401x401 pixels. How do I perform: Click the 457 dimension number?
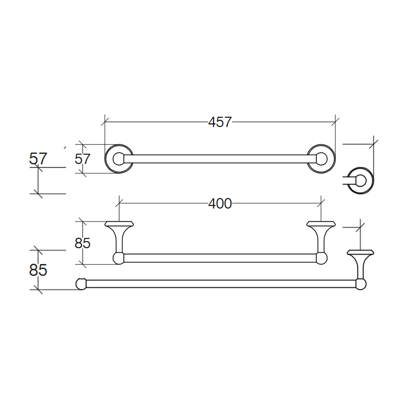point(220,122)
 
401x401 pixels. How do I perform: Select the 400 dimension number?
point(220,204)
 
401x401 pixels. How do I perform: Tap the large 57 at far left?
point(38,158)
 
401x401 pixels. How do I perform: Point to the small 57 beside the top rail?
point(82,159)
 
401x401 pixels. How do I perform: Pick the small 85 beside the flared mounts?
point(82,243)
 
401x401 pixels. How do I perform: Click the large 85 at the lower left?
point(38,270)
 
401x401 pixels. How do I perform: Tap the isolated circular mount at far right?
point(360,168)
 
